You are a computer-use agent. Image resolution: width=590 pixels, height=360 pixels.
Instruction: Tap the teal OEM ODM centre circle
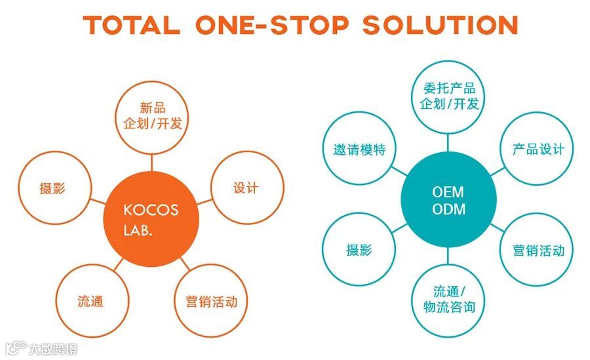[x=448, y=201]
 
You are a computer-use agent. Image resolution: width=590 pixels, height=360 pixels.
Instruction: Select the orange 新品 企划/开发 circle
[x=152, y=116]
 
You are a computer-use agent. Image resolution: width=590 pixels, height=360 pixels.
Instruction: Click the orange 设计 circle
[x=246, y=188]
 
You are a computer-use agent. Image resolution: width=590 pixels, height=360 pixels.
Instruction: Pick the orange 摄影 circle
[x=52, y=189]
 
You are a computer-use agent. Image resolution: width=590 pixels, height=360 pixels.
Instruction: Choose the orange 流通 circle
[x=90, y=302]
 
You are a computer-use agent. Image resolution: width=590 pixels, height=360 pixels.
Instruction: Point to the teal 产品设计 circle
[x=538, y=149]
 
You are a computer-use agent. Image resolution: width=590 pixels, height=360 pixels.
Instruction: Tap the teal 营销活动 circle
[x=538, y=250]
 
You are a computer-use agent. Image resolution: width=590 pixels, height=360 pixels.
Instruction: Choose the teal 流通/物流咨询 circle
[x=449, y=300]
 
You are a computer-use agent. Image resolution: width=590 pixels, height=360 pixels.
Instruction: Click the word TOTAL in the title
[x=132, y=25]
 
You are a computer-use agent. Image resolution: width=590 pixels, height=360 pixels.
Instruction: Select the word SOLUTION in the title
[x=440, y=25]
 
